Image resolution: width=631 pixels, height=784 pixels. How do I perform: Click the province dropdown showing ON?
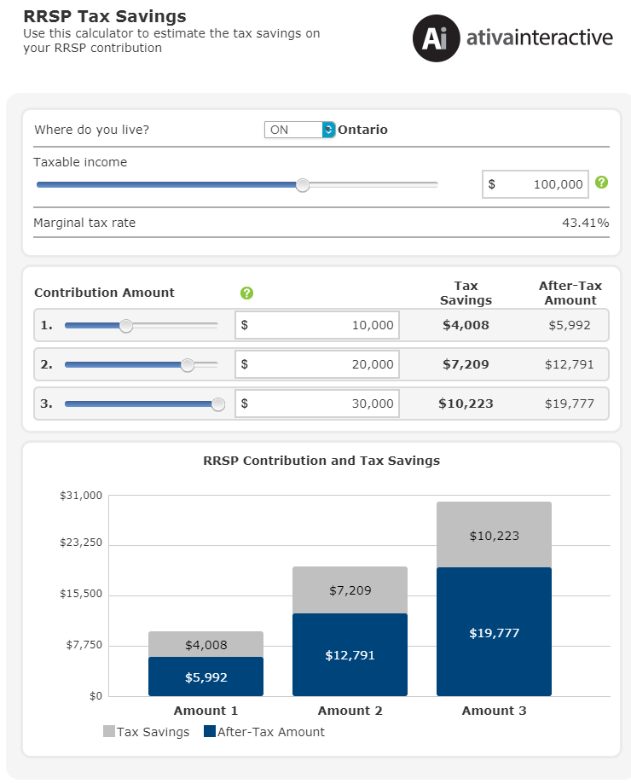pyautogui.click(x=298, y=130)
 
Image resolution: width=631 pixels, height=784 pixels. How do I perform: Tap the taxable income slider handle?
pyautogui.click(x=303, y=185)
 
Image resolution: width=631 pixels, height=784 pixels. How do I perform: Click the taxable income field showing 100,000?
pyautogui.click(x=535, y=184)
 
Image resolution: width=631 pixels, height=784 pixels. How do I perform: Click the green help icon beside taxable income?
pyautogui.click(x=602, y=183)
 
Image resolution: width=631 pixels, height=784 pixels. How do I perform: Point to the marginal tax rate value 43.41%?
pyautogui.click(x=585, y=224)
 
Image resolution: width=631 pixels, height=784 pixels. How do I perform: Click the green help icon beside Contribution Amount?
pyautogui.click(x=246, y=293)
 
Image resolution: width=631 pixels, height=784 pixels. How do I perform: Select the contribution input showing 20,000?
pyautogui.click(x=317, y=364)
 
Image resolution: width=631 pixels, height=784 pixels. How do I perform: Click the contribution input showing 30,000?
pyautogui.click(x=317, y=404)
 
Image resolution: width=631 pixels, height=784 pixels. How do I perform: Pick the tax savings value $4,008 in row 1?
pyautogui.click(x=466, y=325)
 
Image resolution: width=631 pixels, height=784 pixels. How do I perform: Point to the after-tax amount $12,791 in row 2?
pyautogui.click(x=570, y=364)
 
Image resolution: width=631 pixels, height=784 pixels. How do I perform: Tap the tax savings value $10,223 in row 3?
pyautogui.click(x=466, y=404)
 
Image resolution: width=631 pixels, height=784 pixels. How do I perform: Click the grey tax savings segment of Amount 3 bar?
pyautogui.click(x=494, y=535)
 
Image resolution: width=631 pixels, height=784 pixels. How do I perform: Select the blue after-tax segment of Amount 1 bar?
pyautogui.click(x=206, y=677)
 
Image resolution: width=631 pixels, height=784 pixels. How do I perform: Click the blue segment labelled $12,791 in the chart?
pyautogui.click(x=350, y=655)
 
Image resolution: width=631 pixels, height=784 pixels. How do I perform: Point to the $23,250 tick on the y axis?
pyautogui.click(x=81, y=543)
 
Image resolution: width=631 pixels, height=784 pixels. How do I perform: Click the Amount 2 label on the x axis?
pyautogui.click(x=350, y=711)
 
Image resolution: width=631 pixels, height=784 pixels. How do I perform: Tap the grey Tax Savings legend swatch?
pyautogui.click(x=108, y=731)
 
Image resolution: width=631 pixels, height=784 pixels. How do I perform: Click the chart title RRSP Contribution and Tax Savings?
pyautogui.click(x=321, y=461)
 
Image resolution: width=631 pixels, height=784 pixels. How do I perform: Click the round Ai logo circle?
pyautogui.click(x=436, y=38)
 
